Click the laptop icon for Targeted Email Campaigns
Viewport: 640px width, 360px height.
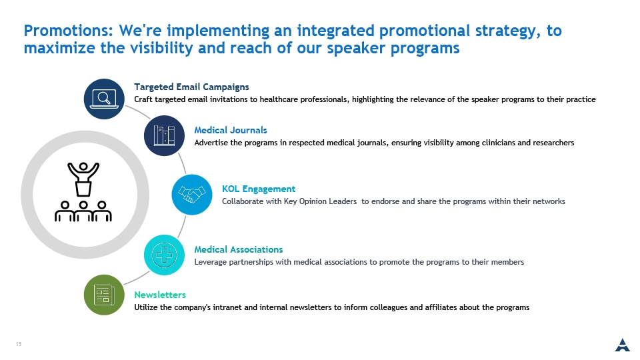click(104, 99)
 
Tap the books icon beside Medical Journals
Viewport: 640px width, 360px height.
click(164, 135)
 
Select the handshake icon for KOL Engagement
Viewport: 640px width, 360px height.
click(192, 195)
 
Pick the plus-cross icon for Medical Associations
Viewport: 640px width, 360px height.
click(164, 255)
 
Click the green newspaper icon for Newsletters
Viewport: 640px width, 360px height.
click(104, 295)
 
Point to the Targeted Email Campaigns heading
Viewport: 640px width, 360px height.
click(191, 87)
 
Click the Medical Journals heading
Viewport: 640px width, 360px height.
click(231, 130)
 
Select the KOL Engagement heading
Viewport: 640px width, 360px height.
click(259, 189)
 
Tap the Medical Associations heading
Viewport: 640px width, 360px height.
click(239, 249)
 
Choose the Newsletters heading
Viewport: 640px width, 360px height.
click(160, 295)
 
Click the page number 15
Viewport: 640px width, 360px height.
click(19, 344)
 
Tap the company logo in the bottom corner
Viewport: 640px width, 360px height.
click(623, 345)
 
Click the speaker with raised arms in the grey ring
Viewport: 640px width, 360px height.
click(83, 179)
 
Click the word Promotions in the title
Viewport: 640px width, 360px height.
click(69, 31)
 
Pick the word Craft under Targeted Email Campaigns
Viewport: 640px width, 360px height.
click(143, 99)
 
